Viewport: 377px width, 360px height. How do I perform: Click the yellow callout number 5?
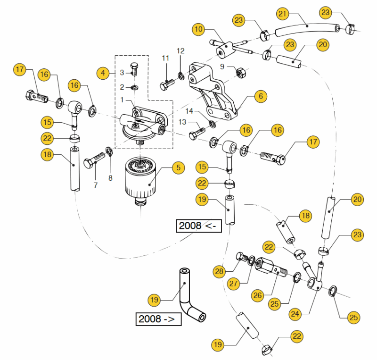pos(178,167)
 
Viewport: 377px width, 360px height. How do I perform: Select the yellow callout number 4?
pos(103,73)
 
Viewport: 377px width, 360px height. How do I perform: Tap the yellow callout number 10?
pos(198,29)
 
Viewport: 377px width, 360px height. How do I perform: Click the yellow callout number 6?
pos(261,96)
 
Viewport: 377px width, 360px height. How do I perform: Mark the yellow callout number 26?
pos(257,296)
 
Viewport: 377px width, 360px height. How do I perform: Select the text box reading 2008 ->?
pos(158,319)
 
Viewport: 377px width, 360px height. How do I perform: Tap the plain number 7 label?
pos(96,185)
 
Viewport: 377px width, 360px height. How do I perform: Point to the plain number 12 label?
pos(181,50)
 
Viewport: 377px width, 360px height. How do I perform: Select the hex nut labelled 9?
pos(239,73)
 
